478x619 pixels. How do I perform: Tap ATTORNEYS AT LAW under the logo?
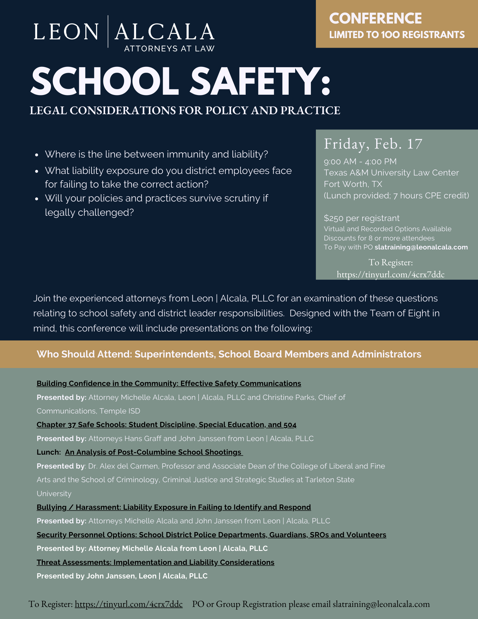point(169,49)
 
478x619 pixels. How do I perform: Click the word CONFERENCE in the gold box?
point(375,19)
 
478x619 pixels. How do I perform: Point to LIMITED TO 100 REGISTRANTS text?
point(397,35)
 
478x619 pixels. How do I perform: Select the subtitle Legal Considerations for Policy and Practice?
point(185,110)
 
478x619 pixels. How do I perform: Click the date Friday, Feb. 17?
point(373,144)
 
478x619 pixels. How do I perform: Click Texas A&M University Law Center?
point(391,173)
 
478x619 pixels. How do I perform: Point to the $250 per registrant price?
point(362,218)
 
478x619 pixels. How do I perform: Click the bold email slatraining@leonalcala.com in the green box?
point(421,247)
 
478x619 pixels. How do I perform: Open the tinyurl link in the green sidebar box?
point(390,275)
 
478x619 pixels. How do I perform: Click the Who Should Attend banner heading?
point(229,354)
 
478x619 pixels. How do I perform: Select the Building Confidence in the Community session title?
point(169,383)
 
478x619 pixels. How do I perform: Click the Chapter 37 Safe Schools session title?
point(166,425)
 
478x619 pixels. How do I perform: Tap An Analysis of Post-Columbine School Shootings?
point(153,452)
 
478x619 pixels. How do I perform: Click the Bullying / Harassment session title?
point(174,507)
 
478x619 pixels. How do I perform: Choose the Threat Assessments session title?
point(155,562)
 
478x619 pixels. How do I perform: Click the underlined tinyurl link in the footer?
point(129,604)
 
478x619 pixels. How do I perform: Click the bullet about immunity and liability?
point(156,154)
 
